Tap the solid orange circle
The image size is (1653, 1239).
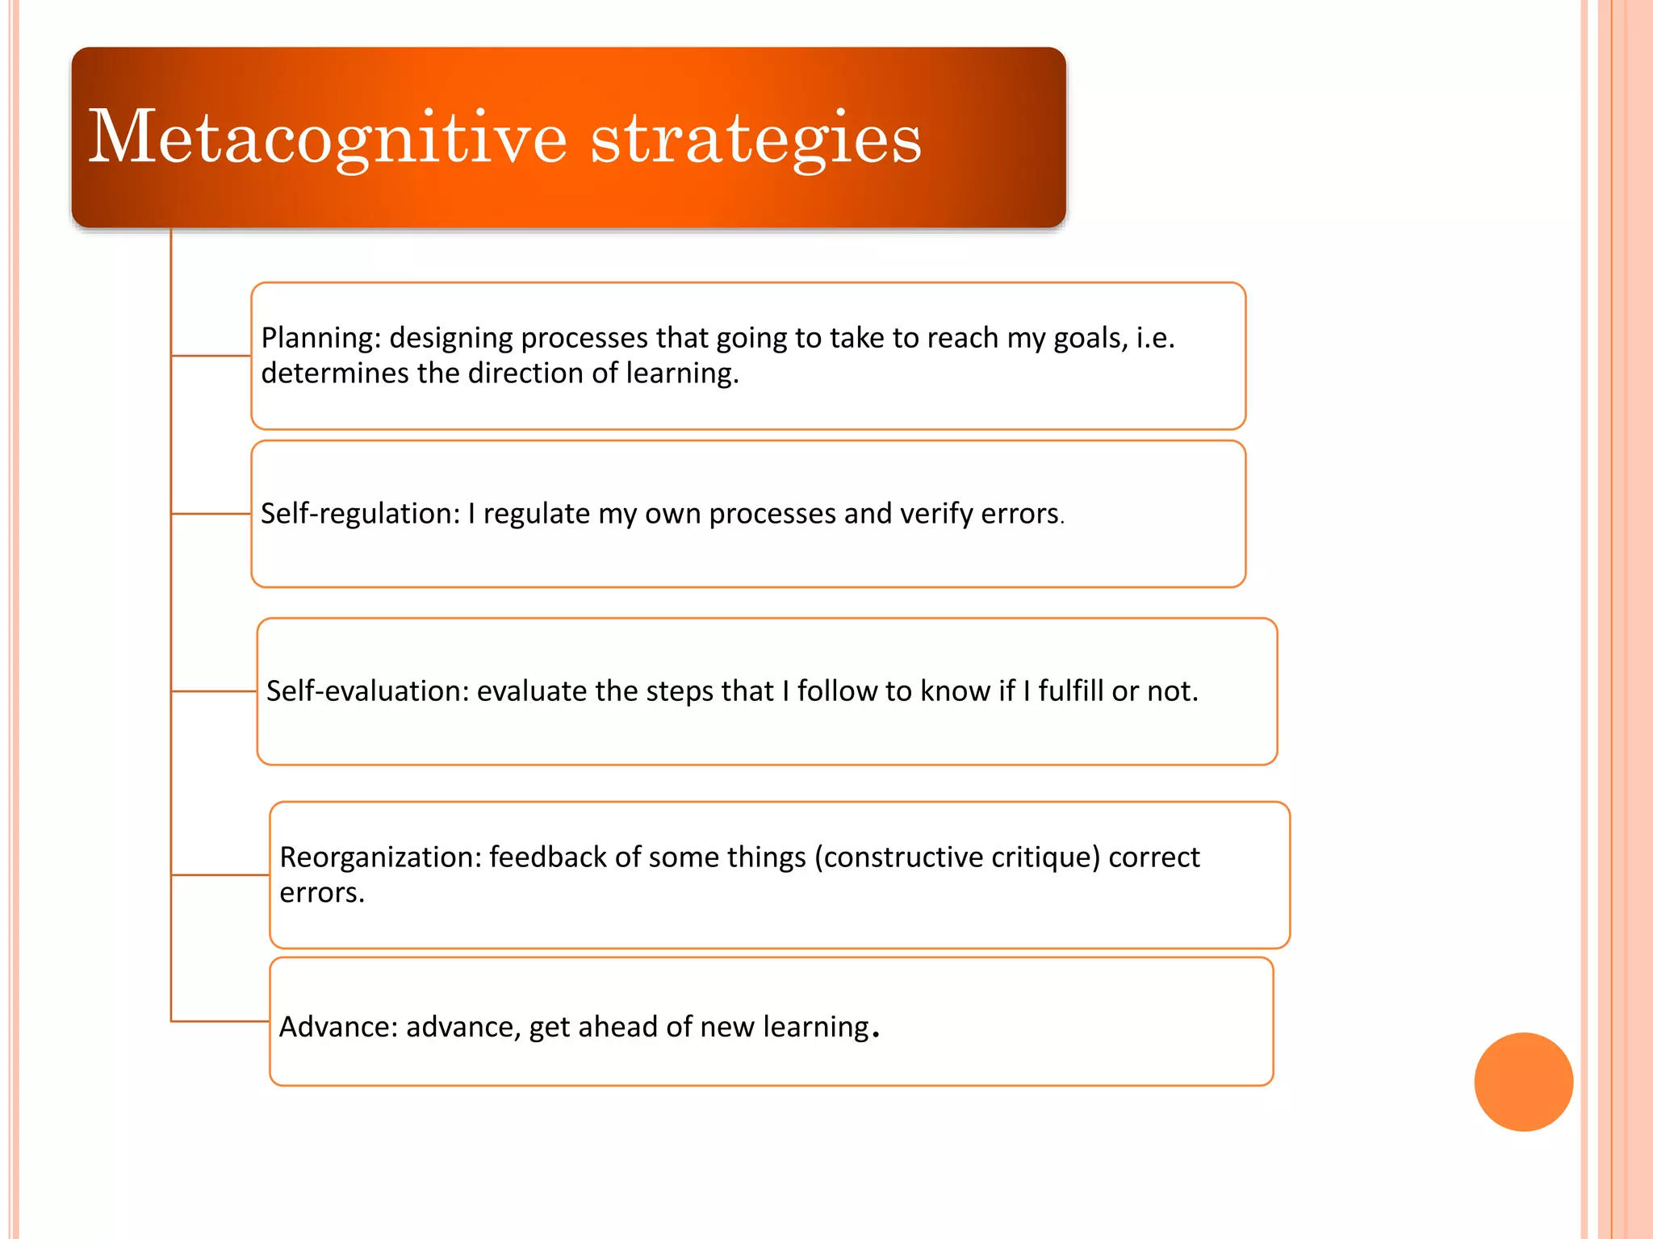[1523, 1082]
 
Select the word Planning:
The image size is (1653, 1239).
[321, 338]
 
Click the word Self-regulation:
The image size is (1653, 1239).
[360, 514]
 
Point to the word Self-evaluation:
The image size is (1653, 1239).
[367, 691]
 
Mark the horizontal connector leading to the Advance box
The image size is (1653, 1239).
[220, 1021]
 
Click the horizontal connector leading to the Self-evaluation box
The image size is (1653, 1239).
[215, 691]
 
